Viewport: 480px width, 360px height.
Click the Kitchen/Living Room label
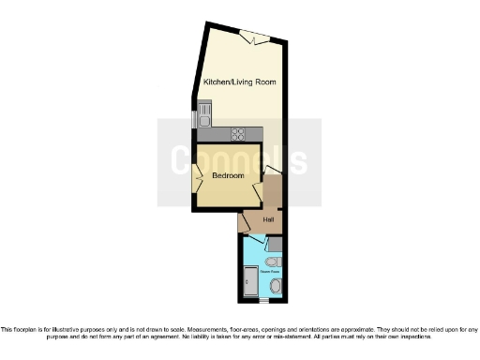pyautogui.click(x=240, y=83)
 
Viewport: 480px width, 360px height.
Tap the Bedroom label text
pyautogui.click(x=228, y=175)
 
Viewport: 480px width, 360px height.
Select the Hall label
pyautogui.click(x=268, y=220)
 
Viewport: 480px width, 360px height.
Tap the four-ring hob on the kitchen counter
pyautogui.click(x=239, y=132)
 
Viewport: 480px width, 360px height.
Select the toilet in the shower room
pyautogui.click(x=272, y=262)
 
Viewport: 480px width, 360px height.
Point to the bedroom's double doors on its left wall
pyautogui.click(x=197, y=175)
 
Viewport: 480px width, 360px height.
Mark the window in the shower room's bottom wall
pyautogui.click(x=264, y=301)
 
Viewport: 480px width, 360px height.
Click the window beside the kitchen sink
pyautogui.click(x=194, y=119)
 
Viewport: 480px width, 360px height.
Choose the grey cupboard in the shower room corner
pyautogui.click(x=274, y=244)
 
